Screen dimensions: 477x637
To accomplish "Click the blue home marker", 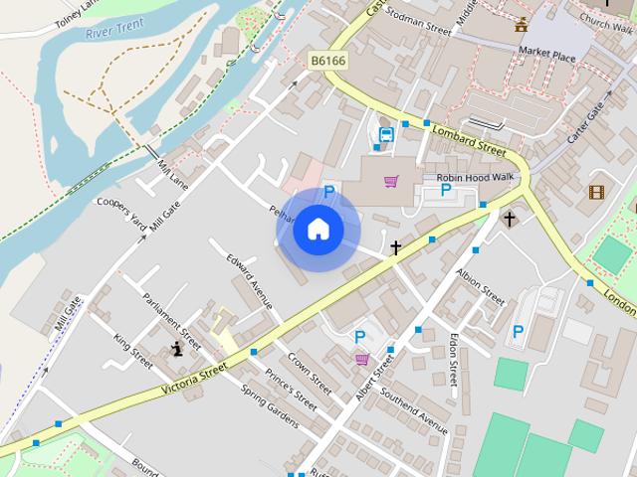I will coord(318,230).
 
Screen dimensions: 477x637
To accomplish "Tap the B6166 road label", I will coord(326,61).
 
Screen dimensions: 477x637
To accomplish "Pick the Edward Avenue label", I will coord(249,282).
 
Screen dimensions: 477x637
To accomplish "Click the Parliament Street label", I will coord(171,320).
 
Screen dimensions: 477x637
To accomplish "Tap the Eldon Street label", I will coord(454,359).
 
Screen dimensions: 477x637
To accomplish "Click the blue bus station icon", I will coord(386,134).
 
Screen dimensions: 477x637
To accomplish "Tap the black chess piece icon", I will coord(178,348).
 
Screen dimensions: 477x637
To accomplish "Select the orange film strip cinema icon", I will coord(596,192).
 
